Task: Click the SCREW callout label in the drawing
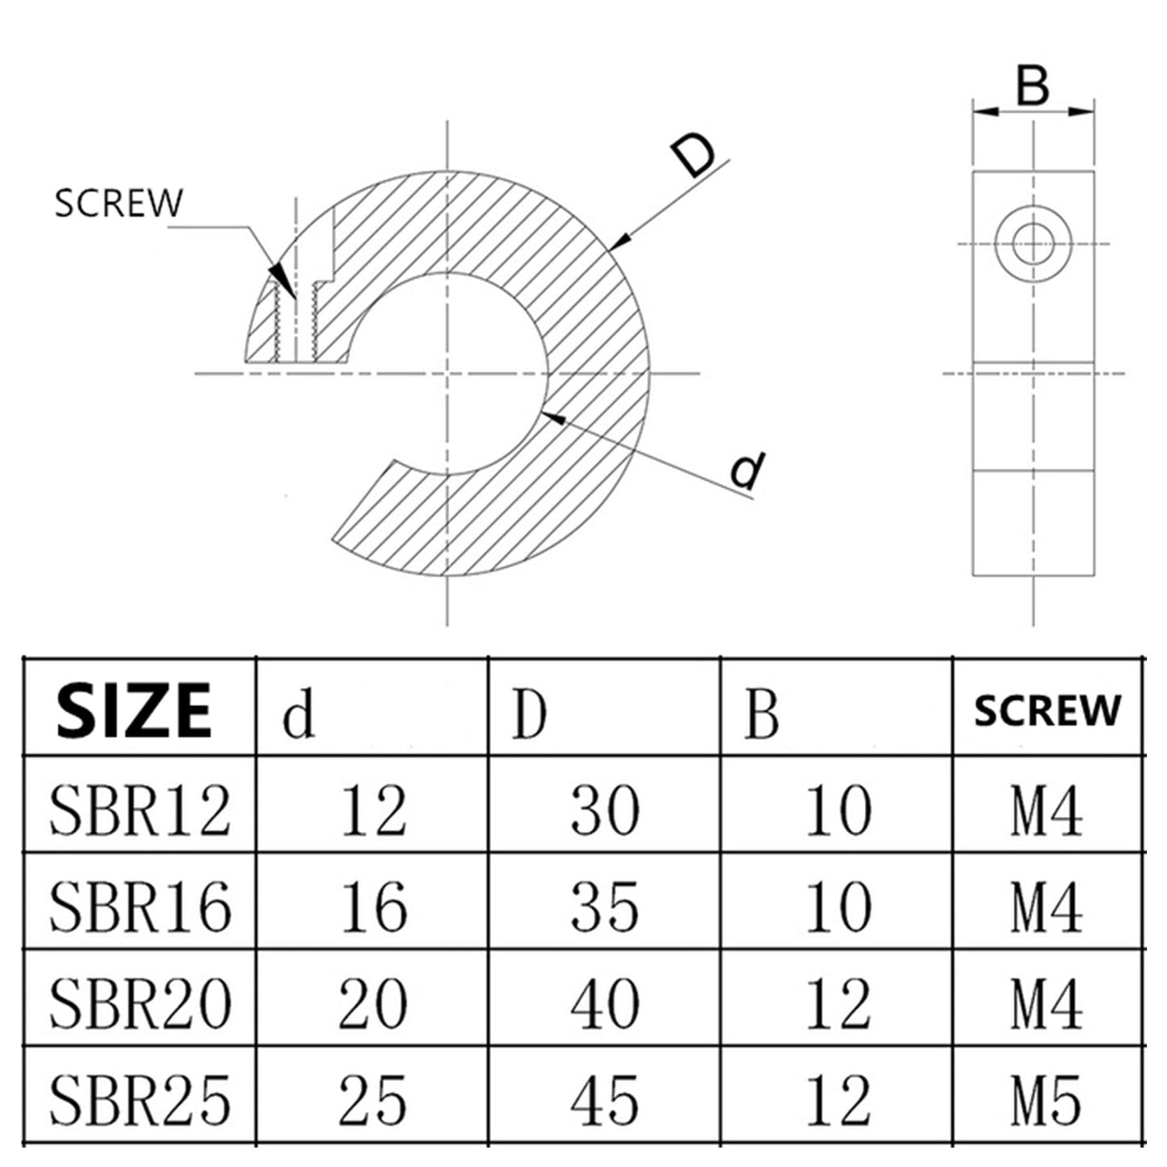[119, 204]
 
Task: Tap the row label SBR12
[140, 810]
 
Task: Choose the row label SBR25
[140, 1100]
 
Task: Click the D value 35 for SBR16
[605, 906]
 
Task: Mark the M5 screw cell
[1046, 1100]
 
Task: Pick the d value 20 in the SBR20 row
[373, 1003]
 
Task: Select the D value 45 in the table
[605, 1100]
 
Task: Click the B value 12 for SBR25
[838, 1100]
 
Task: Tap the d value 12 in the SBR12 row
[373, 810]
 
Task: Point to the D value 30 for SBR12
[605, 810]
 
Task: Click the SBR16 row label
[140, 906]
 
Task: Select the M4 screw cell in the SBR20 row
[1046, 1003]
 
